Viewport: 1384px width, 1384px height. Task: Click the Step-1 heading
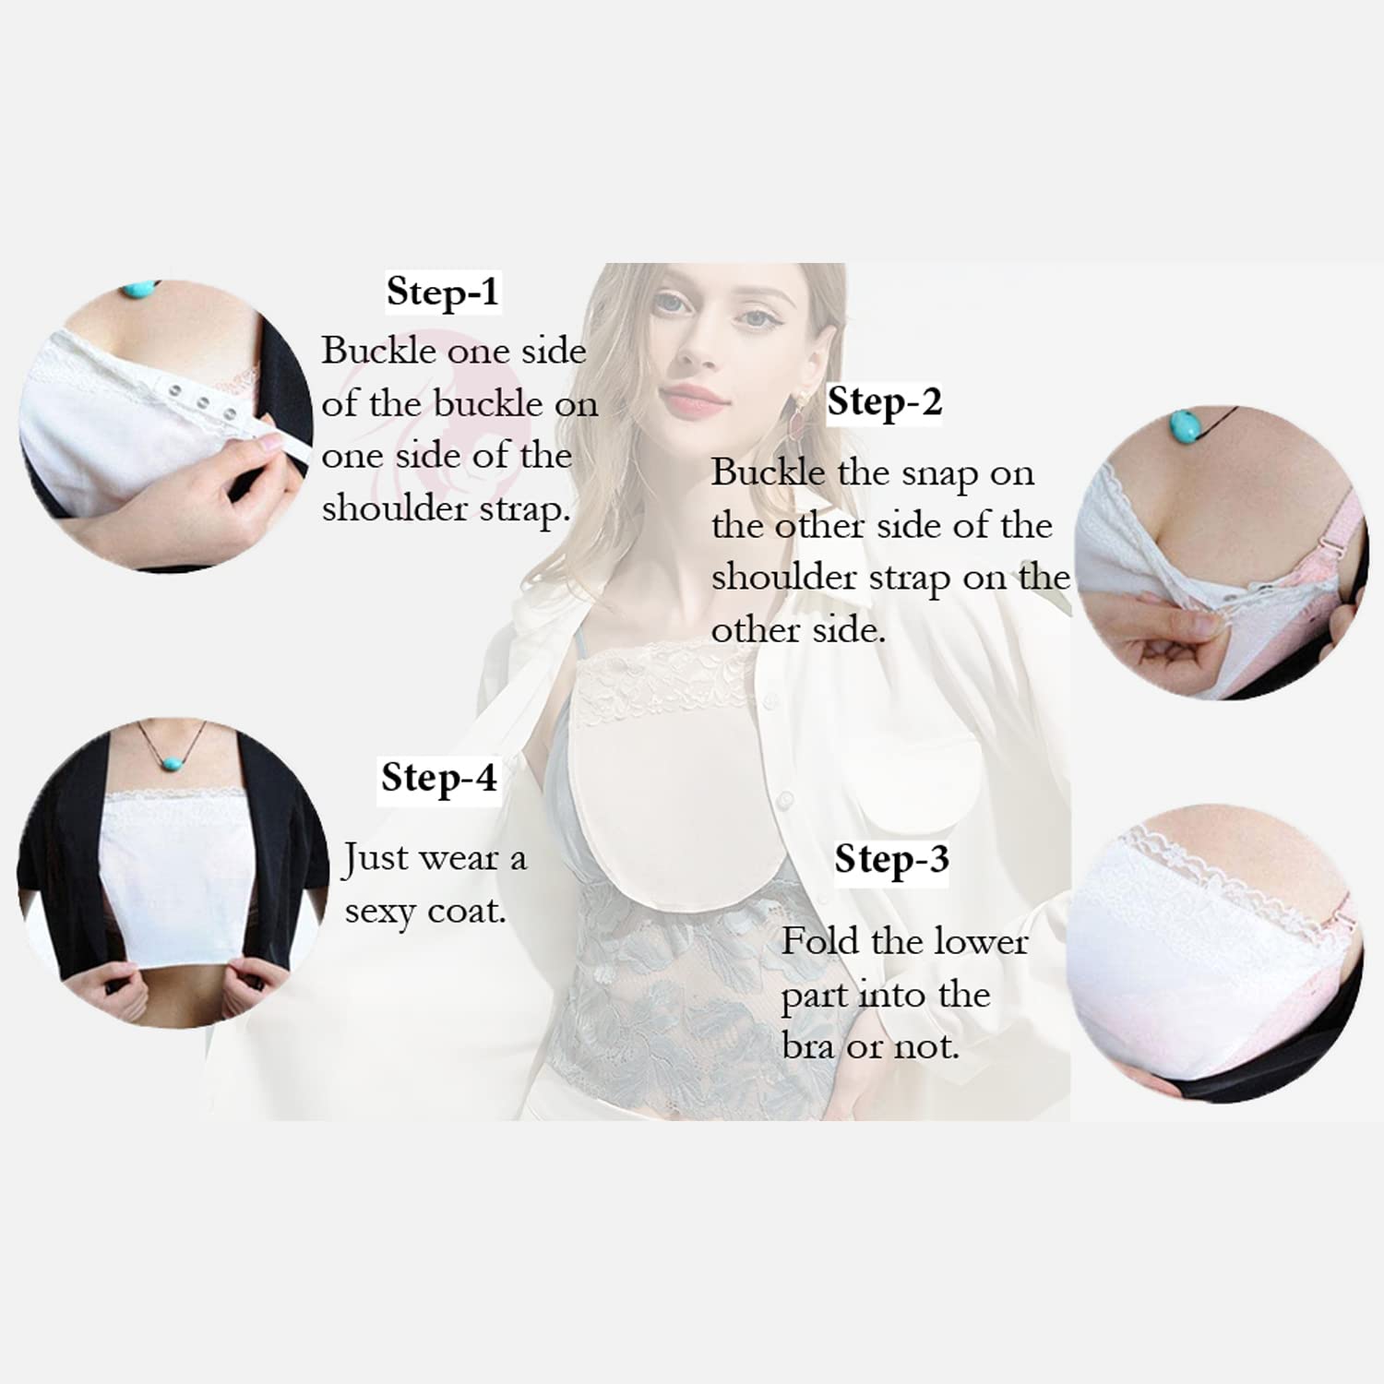click(x=443, y=292)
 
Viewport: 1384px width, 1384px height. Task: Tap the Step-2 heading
click(x=884, y=402)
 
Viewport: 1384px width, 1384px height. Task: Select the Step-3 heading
click(x=891, y=860)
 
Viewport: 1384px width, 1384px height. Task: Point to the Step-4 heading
click(x=439, y=778)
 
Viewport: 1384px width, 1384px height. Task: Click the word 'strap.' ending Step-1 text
click(x=520, y=508)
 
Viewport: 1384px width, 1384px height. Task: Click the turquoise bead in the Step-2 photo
click(x=1184, y=425)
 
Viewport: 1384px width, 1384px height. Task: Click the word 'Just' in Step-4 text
click(x=374, y=859)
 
